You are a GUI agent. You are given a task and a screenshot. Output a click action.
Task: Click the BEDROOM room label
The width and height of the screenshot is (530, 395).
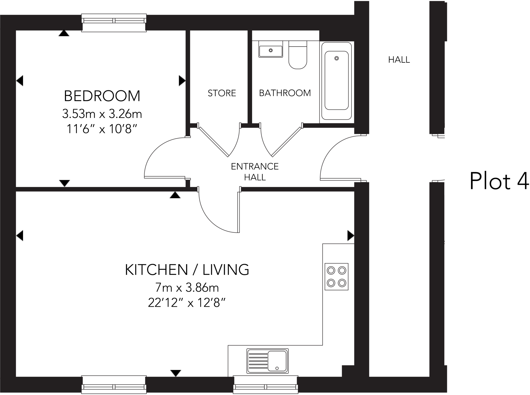click(x=102, y=96)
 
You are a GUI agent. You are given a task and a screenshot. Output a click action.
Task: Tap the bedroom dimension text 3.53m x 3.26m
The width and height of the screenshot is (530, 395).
click(x=102, y=114)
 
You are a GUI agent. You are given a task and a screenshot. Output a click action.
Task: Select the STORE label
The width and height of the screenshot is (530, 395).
click(x=222, y=93)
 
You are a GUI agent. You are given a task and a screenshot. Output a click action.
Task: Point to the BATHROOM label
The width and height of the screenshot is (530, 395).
click(x=285, y=93)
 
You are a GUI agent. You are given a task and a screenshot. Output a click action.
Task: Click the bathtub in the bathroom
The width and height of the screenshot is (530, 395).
click(x=337, y=81)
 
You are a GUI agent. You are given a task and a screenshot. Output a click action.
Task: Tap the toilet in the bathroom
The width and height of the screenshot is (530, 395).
click(x=298, y=55)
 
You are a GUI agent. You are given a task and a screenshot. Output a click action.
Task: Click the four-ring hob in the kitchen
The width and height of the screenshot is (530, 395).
click(x=336, y=277)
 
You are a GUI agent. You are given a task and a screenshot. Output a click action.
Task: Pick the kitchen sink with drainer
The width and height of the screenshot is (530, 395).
click(x=268, y=361)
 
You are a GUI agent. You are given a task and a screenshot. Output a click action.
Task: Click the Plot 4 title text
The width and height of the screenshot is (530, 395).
click(x=499, y=181)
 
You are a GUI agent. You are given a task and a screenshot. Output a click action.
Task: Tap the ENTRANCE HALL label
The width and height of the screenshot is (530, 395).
click(x=255, y=172)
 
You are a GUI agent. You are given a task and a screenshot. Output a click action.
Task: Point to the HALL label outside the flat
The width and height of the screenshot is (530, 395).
click(x=399, y=60)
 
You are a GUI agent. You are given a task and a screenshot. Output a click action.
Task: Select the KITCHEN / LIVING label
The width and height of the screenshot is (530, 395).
click(x=187, y=270)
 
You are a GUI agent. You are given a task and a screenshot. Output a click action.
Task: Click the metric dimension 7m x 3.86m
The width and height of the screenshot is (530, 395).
click(x=187, y=287)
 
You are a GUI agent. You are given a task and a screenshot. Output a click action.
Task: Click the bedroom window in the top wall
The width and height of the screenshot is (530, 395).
click(x=114, y=23)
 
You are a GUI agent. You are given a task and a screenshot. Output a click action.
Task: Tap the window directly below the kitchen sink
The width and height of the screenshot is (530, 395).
click(x=266, y=385)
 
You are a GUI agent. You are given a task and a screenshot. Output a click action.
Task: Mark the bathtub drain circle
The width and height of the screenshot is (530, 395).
click(x=336, y=58)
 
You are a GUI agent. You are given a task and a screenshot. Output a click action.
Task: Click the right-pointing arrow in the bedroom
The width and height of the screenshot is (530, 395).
click(x=182, y=81)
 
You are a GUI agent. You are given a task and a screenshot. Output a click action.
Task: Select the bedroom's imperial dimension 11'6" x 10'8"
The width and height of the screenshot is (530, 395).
click(x=102, y=129)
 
